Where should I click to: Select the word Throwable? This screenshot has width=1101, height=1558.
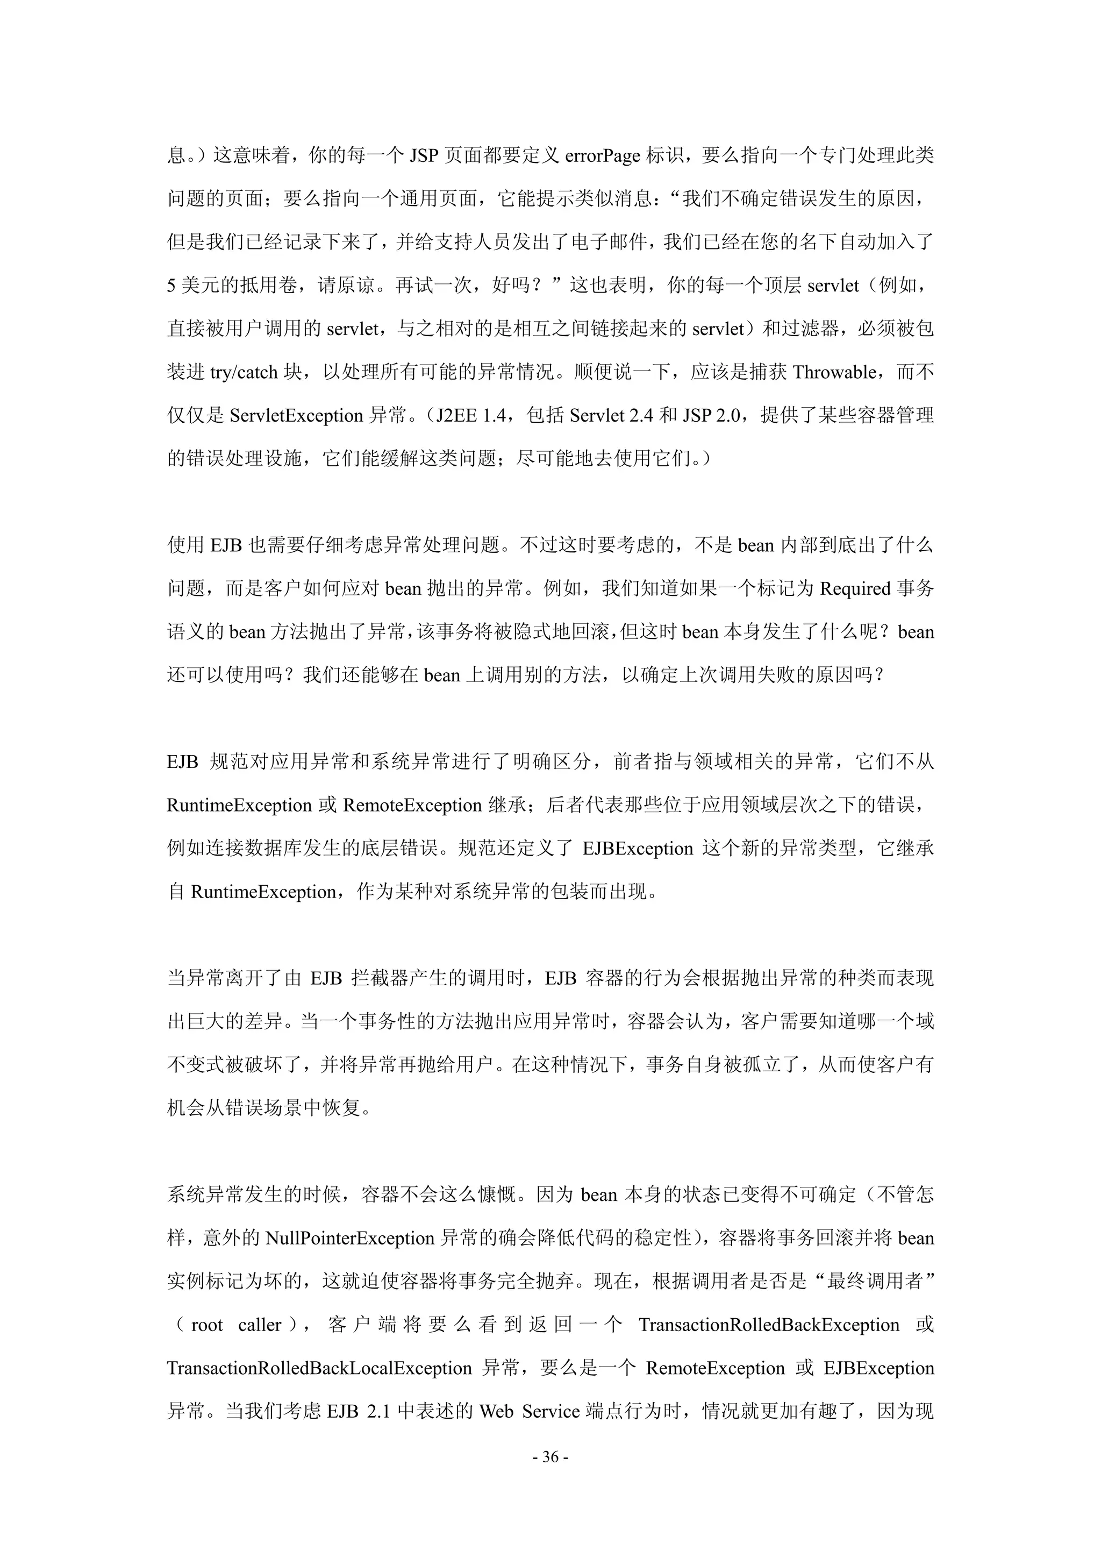coord(834,373)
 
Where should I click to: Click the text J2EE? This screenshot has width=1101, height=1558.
coord(457,416)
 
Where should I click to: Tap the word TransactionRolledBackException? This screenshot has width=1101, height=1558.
coord(769,1325)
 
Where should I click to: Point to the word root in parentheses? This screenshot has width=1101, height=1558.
coord(207,1325)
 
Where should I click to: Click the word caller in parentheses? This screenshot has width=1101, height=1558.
coord(259,1325)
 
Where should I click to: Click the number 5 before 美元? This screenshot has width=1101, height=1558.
coord(171,286)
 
